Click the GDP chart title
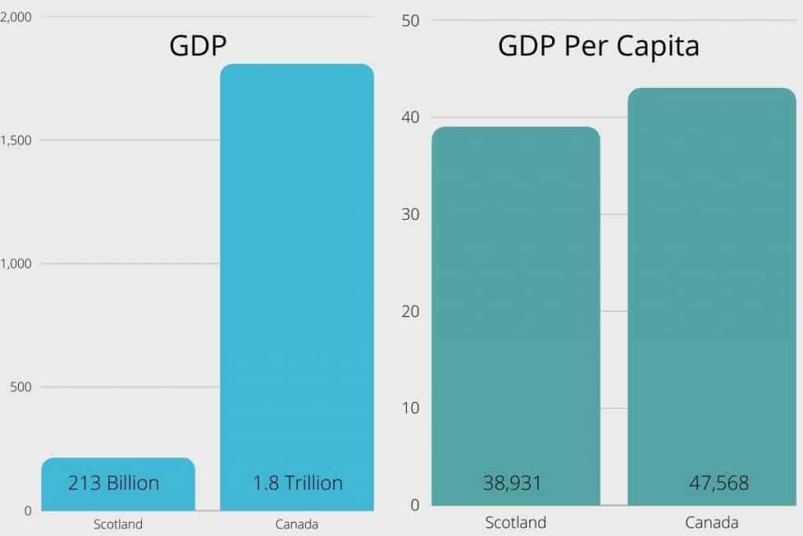(198, 46)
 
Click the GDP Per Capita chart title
(598, 46)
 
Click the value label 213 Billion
(114, 483)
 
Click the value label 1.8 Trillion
(297, 483)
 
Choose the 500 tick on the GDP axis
(21, 387)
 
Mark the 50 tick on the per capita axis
(411, 20)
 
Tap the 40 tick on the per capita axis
(411, 118)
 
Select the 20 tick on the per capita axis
(411, 312)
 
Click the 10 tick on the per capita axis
(411, 408)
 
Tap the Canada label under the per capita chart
(711, 523)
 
